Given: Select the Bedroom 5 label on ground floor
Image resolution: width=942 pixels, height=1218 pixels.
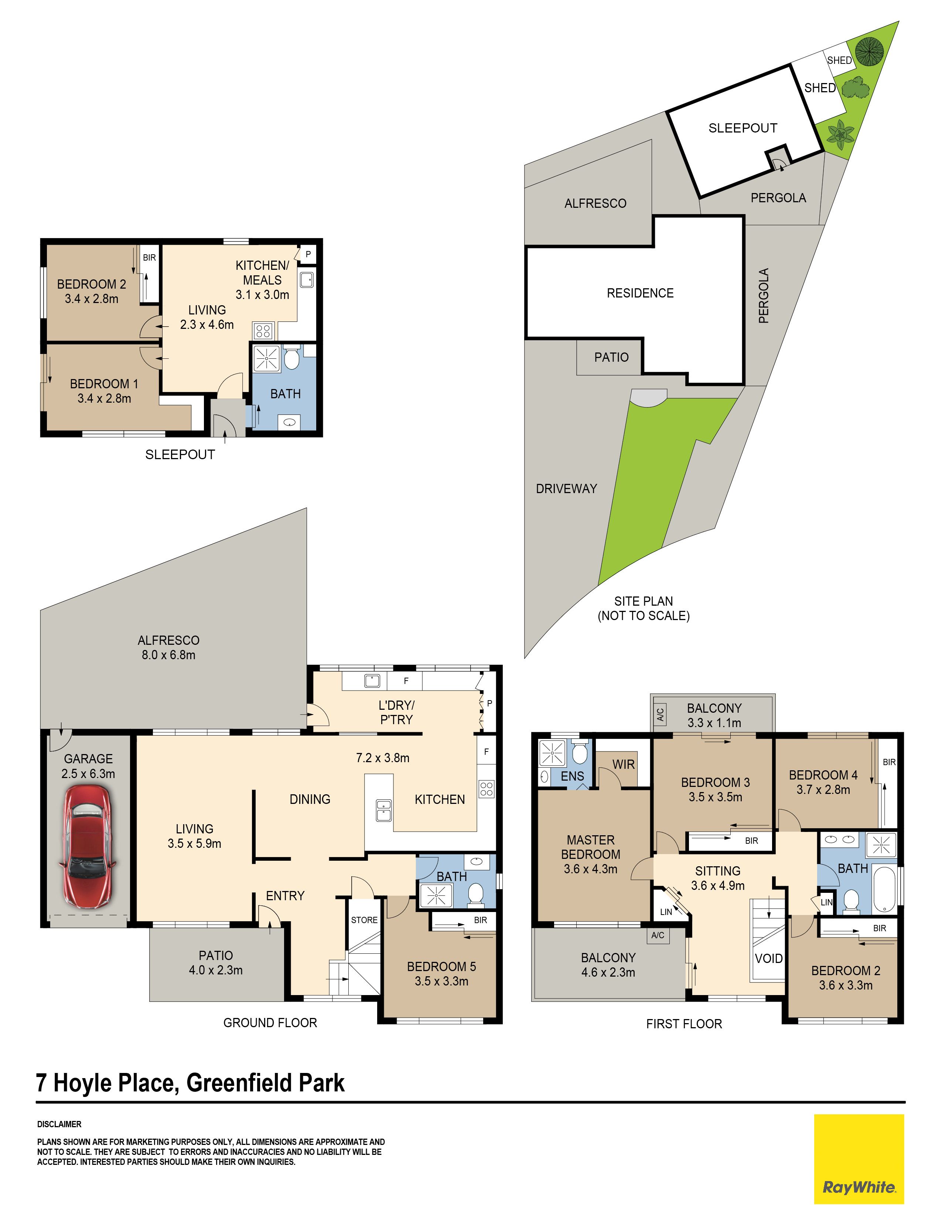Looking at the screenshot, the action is (441, 967).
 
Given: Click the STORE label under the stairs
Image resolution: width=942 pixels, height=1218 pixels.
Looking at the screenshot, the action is (364, 920).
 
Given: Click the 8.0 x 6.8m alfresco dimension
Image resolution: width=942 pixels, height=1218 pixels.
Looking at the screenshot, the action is (168, 655).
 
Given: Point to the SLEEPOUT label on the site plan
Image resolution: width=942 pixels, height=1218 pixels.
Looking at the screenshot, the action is (743, 128).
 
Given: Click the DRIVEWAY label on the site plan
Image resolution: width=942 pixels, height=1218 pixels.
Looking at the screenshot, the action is (566, 489).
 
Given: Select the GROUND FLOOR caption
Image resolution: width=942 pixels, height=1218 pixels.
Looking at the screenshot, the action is (270, 1022).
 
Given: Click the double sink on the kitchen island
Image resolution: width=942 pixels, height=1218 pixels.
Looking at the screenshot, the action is (383, 810).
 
